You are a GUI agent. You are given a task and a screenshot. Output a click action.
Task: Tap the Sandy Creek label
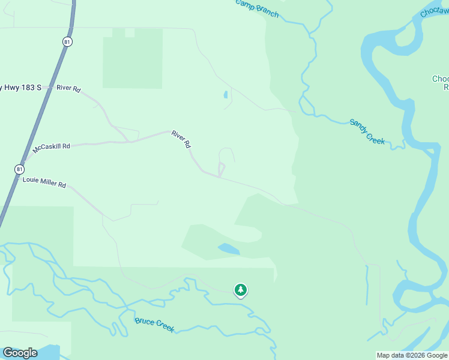coord(367,131)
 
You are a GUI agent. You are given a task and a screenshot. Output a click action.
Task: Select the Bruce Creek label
coord(154,325)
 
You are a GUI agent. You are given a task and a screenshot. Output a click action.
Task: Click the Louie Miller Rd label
coord(44,182)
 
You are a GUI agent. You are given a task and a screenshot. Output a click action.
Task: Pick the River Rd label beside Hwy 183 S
coord(68,88)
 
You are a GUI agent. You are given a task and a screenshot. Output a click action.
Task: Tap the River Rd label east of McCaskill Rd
coord(181,139)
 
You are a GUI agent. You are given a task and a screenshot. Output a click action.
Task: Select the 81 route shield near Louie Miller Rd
coord(19,170)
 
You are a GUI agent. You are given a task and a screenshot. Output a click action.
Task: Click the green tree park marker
coord(241,290)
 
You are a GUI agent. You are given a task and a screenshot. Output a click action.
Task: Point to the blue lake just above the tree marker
coord(229,248)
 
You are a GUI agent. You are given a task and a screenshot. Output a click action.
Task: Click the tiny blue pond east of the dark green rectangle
coord(226,94)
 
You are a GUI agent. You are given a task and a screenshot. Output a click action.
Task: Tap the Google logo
coord(20,353)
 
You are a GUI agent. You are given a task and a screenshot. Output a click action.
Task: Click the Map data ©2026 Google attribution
coord(411,355)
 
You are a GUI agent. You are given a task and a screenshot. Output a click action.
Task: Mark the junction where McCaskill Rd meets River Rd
coord(128,142)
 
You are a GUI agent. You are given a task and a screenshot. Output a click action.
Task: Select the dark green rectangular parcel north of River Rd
coord(133,59)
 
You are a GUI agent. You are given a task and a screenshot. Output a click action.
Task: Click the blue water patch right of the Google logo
coord(51,352)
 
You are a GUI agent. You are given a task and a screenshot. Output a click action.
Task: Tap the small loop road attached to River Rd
coord(221,169)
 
